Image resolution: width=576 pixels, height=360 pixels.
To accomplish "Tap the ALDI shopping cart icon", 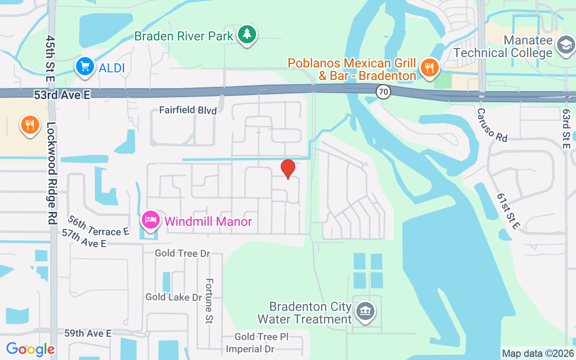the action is pyautogui.click(x=85, y=67).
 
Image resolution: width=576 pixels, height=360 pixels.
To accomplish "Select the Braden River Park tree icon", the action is pyautogui.click(x=247, y=35).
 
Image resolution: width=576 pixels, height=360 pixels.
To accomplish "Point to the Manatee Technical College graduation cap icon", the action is pyautogui.click(x=566, y=45).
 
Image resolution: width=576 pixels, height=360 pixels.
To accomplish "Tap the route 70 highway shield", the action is pyautogui.click(x=384, y=92).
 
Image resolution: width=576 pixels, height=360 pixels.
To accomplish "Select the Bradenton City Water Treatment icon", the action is pyautogui.click(x=365, y=311).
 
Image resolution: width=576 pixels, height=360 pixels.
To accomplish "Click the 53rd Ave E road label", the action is pyautogui.click(x=63, y=94).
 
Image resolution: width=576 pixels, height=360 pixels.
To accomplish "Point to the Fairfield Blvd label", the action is pyautogui.click(x=188, y=110).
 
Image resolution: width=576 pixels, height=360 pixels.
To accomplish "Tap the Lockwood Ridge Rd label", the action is pyautogui.click(x=52, y=173).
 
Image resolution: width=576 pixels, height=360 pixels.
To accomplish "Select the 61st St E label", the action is pyautogui.click(x=511, y=211).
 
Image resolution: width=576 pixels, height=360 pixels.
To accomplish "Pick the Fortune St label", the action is pyautogui.click(x=209, y=300).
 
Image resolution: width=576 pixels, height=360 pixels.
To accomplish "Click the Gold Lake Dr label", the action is pyautogui.click(x=174, y=297).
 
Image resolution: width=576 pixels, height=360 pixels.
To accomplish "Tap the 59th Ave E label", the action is pyautogui.click(x=88, y=333).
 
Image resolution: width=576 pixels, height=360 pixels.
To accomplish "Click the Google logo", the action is pyautogui.click(x=30, y=349).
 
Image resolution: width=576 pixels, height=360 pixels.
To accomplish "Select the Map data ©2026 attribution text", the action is pyautogui.click(x=538, y=353).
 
